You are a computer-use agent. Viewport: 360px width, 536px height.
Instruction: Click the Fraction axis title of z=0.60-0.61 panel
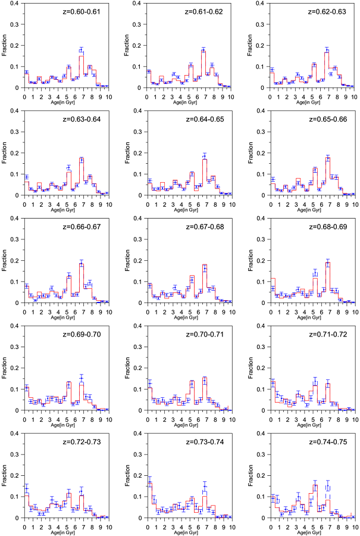pos(5,46)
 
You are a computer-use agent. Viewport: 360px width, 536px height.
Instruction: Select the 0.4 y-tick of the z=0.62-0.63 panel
pos(263,4)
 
